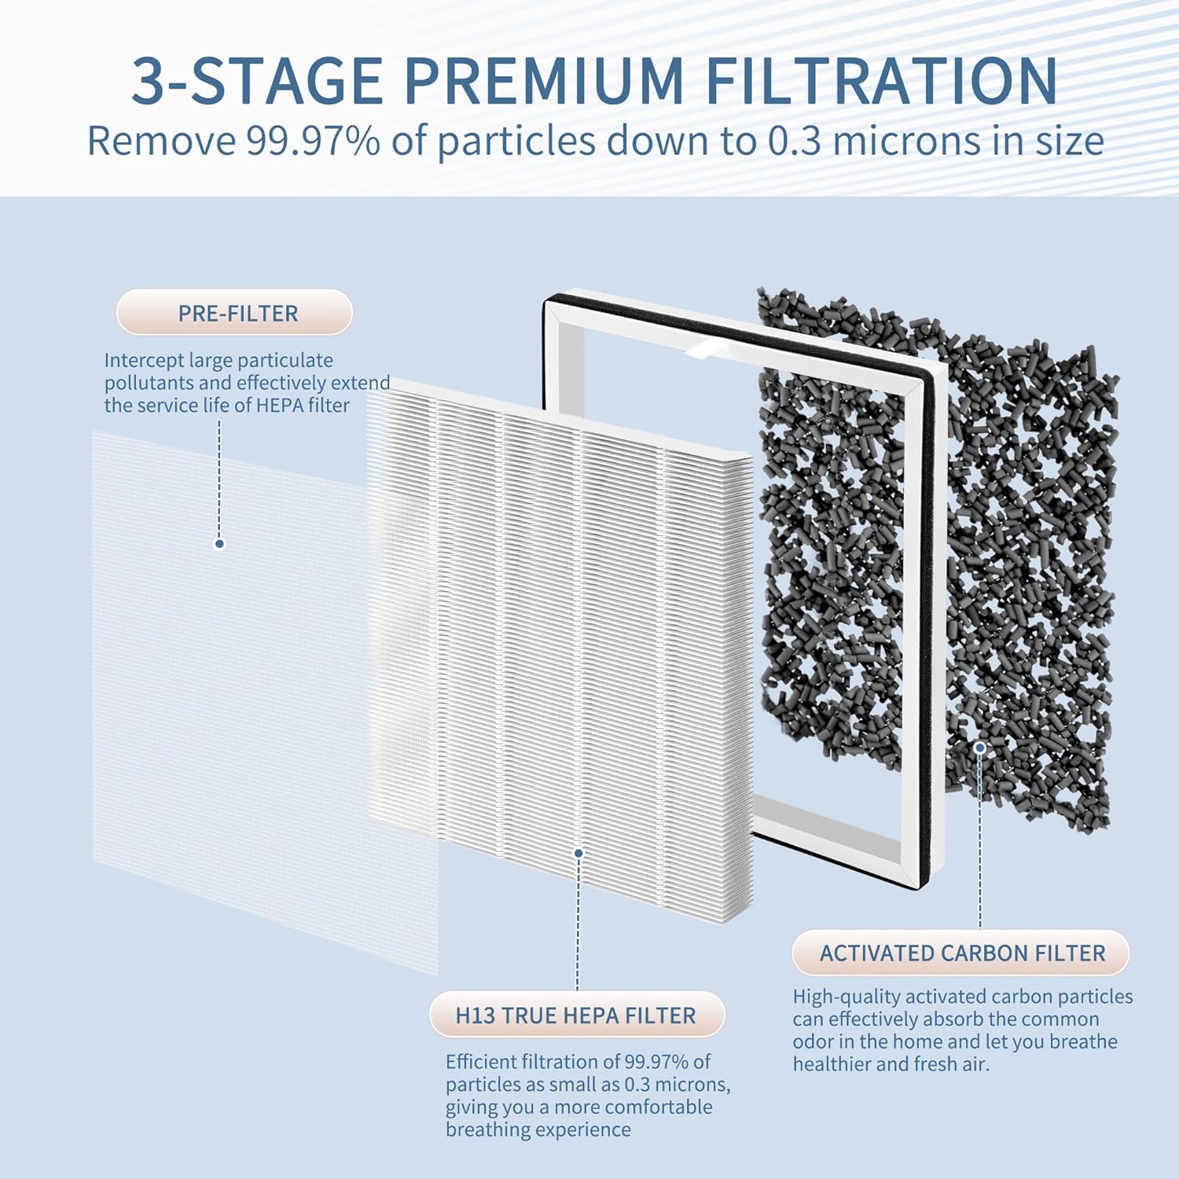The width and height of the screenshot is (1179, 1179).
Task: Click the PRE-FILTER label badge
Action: pos(234,313)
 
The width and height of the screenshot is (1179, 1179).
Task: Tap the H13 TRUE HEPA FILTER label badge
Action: pos(576,1015)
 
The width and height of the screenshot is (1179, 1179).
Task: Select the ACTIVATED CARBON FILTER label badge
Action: pos(960,953)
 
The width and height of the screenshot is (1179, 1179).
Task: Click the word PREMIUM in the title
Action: pos(544,80)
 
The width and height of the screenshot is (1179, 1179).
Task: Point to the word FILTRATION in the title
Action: pos(882,80)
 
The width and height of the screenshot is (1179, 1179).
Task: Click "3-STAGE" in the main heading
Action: pos(257,80)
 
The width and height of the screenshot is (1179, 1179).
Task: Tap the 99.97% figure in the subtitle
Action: pos(314,141)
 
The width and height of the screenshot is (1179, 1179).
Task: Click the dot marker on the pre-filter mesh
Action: pos(220,543)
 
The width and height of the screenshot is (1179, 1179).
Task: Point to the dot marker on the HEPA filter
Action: pos(578,853)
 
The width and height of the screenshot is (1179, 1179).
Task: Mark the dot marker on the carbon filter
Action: pos(980,747)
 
